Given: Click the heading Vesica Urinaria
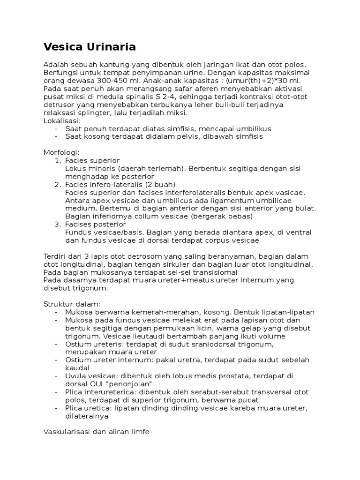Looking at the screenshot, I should (90, 47).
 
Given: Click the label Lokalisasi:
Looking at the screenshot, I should (62, 120).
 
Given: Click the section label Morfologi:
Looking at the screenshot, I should (61, 152).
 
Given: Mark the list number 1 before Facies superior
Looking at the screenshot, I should (58, 160).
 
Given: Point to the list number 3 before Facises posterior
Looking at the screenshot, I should (58, 224).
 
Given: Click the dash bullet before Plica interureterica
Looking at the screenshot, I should (56, 392).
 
